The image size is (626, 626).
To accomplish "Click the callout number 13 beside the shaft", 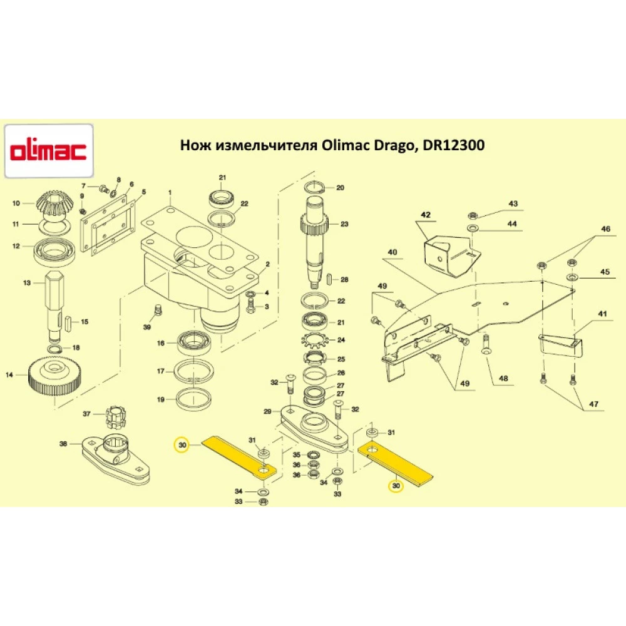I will pyautogui.click(x=26, y=283).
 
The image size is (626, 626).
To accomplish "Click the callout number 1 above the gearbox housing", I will pyautogui.click(x=168, y=191).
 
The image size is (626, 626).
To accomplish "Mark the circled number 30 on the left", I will pyautogui.click(x=182, y=444).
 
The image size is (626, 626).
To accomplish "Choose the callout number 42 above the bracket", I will pyautogui.click(x=426, y=215).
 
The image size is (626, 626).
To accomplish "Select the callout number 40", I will pyautogui.click(x=393, y=252).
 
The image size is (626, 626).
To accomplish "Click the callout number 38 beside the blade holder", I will pyautogui.click(x=63, y=444).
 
